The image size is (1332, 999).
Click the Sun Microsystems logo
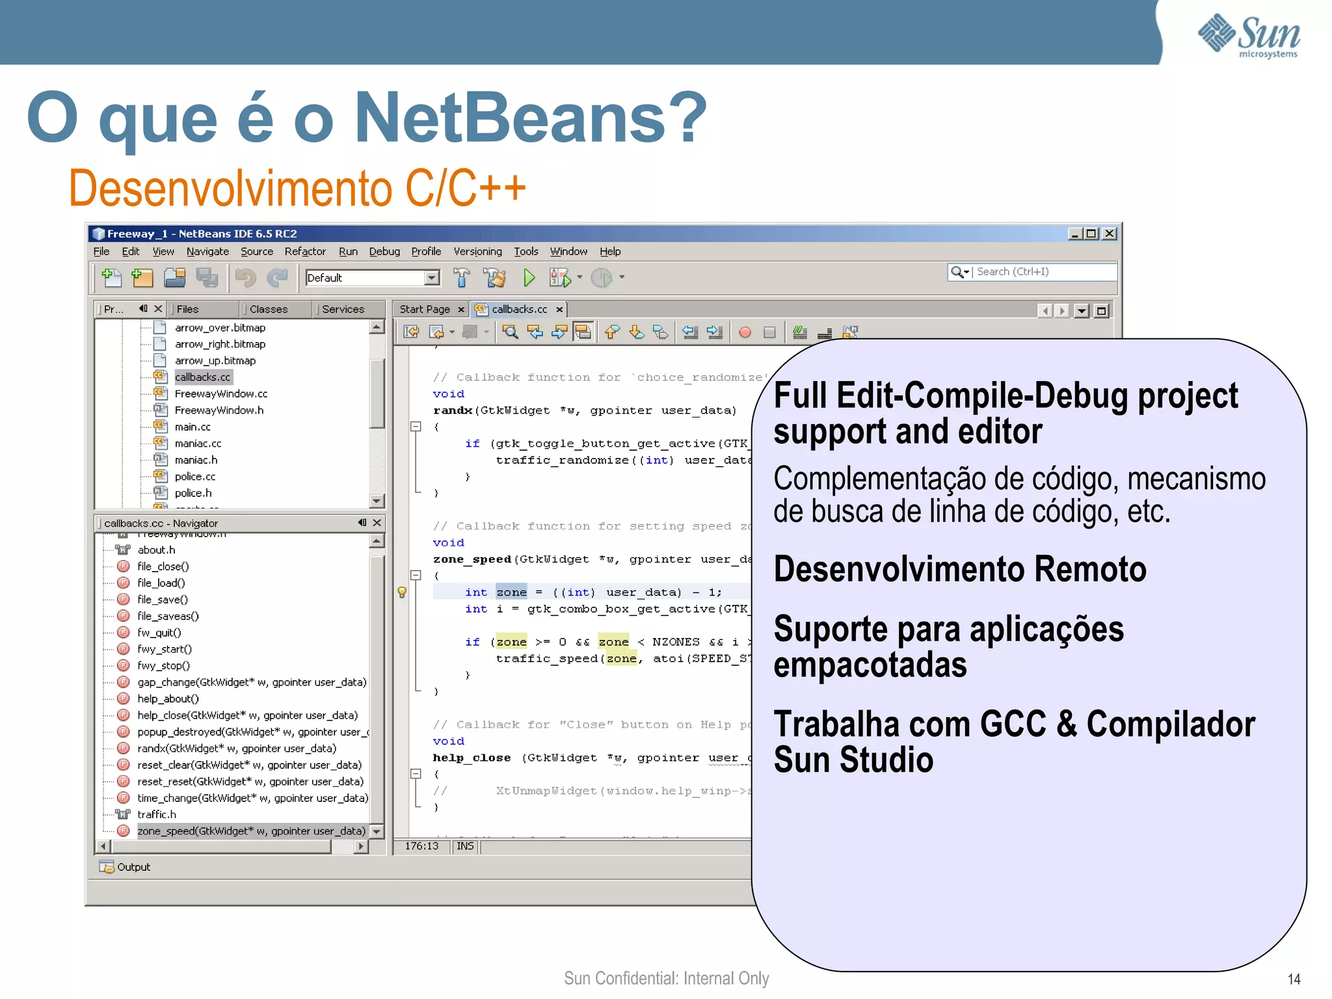(x=1249, y=36)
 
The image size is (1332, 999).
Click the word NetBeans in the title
(x=530, y=117)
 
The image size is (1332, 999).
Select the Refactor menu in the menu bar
(x=304, y=252)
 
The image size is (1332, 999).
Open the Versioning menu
(x=477, y=252)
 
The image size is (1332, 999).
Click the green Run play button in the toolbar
(x=529, y=278)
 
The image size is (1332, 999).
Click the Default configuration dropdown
(x=372, y=278)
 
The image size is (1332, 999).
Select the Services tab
(x=343, y=310)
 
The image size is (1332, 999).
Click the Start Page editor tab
(x=425, y=310)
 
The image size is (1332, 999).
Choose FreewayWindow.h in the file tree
(x=219, y=410)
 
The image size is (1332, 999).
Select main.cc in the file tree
(x=193, y=427)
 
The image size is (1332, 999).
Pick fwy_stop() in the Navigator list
(x=163, y=666)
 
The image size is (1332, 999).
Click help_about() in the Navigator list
(x=168, y=699)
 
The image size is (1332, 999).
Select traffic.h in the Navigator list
(x=157, y=815)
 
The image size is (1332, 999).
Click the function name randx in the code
(x=453, y=410)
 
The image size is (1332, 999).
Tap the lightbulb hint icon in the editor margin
(x=402, y=593)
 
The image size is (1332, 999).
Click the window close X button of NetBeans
(x=1110, y=233)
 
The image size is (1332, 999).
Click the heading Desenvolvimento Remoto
(x=959, y=569)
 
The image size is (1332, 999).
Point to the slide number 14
(x=1294, y=979)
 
